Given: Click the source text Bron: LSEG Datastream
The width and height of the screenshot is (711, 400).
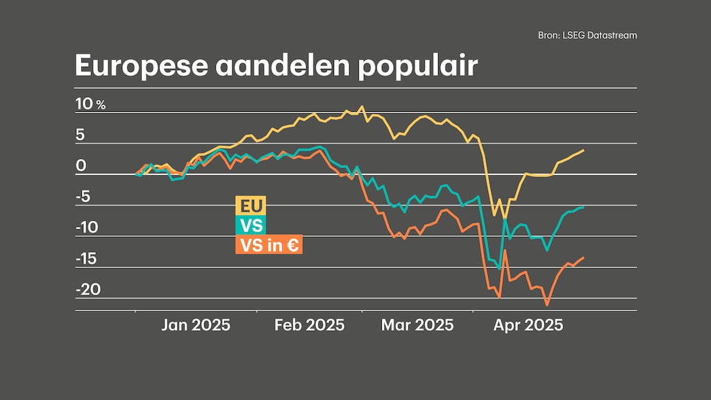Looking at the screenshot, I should click(x=587, y=35).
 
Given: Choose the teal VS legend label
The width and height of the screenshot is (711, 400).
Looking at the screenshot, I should click(x=251, y=226).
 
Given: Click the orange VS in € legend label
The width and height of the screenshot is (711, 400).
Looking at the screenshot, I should click(x=269, y=245).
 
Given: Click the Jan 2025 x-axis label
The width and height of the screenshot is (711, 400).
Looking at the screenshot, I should click(x=196, y=325).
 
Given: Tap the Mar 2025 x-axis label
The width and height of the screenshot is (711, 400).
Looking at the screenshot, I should click(x=417, y=325).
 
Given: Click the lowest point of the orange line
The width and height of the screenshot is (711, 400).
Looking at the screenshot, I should click(x=546, y=304).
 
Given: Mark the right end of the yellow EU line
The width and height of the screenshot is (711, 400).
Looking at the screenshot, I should click(x=583, y=150).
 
